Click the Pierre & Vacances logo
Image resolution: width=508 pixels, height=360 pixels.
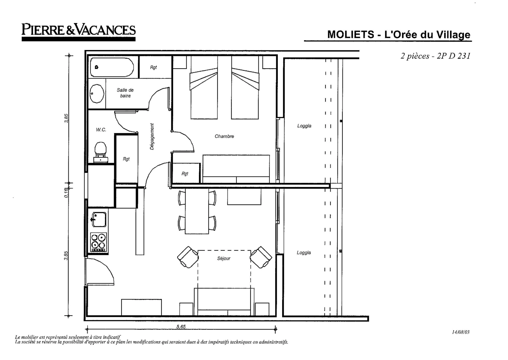point(79,30)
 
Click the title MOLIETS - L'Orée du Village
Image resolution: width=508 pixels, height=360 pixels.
point(398,35)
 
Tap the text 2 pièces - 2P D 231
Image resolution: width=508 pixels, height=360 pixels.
point(435,56)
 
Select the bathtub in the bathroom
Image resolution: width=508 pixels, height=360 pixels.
point(112,67)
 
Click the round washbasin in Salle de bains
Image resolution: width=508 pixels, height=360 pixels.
point(97,94)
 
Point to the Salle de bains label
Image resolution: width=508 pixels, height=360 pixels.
point(125,93)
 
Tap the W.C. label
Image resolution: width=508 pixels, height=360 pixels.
point(101,130)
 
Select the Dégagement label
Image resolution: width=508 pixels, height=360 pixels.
point(152,136)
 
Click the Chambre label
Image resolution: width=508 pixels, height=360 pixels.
point(224,136)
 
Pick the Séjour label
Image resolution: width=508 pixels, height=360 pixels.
point(224,258)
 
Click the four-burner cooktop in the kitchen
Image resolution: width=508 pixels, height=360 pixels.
point(99,242)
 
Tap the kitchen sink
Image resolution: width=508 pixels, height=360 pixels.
point(99,220)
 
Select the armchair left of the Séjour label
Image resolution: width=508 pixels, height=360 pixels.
point(188,257)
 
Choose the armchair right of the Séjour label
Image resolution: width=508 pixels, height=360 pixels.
point(261,257)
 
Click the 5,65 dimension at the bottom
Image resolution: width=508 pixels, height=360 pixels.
point(181,327)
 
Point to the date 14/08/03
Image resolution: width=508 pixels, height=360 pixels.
point(461,332)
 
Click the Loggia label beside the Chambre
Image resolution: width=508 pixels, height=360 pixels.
point(304,126)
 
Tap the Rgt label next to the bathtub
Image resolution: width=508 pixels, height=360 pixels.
point(153,67)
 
